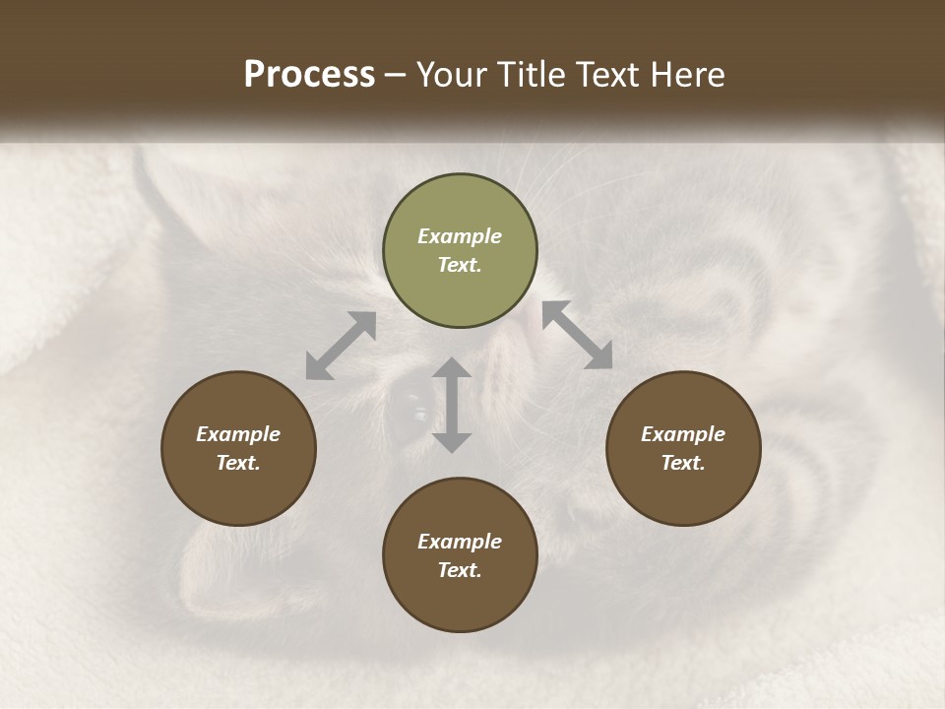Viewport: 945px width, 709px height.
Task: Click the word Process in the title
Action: [x=309, y=75]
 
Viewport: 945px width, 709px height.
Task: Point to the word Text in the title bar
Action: [x=609, y=75]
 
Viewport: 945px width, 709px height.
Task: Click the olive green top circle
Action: [x=460, y=250]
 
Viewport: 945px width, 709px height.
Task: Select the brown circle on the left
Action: [x=238, y=448]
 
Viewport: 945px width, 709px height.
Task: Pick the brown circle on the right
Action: [x=682, y=448]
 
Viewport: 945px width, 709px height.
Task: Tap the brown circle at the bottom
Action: [x=460, y=554]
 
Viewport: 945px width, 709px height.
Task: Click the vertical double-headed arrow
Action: [x=452, y=405]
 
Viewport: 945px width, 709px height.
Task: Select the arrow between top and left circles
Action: [x=341, y=345]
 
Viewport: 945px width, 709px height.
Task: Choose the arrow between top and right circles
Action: [x=578, y=335]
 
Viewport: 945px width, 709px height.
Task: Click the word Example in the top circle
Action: [x=460, y=236]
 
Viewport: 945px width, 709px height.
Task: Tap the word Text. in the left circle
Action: [x=238, y=463]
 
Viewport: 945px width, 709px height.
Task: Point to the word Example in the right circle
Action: [x=682, y=434]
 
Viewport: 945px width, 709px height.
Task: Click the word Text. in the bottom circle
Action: [x=460, y=570]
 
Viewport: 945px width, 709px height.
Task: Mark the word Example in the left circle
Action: [x=238, y=434]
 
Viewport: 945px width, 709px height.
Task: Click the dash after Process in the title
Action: [x=396, y=75]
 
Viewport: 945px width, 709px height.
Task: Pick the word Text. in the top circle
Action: [x=460, y=265]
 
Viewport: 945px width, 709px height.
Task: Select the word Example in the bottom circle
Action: [x=460, y=542]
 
